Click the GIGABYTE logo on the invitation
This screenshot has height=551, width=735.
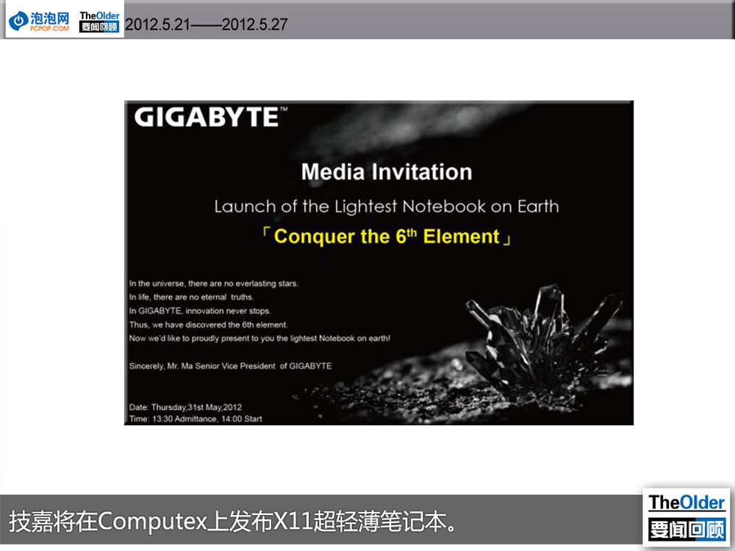point(210,117)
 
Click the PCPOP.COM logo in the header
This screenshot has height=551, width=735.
point(40,21)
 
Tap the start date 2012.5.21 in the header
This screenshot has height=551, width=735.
point(157,24)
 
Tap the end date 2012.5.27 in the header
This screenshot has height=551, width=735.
point(254,24)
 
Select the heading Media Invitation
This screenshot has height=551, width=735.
point(387,171)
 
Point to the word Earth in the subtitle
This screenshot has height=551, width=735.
point(538,206)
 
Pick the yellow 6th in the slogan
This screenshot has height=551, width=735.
point(406,236)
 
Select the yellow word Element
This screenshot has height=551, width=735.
point(462,237)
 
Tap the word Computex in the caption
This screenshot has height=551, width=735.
point(152,521)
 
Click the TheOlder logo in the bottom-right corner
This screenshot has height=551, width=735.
point(686,516)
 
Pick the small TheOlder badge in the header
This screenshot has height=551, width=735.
point(99,21)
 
